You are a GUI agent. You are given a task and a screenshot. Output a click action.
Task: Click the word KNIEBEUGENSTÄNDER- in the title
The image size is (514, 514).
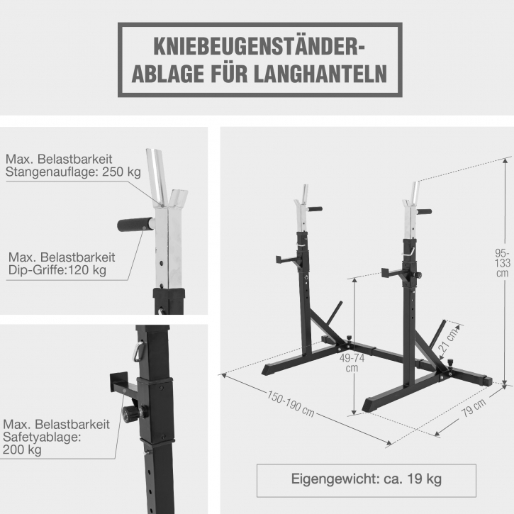pyautogui.click(x=259, y=46)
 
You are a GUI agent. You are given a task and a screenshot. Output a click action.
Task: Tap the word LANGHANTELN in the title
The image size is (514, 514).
pyautogui.click(x=320, y=74)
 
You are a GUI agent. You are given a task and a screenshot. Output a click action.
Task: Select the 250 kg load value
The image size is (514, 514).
pyautogui.click(x=122, y=172)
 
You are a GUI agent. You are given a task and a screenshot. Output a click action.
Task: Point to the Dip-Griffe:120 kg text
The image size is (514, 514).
pyautogui.click(x=57, y=270)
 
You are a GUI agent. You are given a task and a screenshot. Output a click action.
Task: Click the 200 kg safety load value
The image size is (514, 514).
pyautogui.click(x=22, y=449)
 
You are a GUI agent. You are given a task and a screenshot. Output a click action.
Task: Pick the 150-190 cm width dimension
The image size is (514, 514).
pyautogui.click(x=291, y=403)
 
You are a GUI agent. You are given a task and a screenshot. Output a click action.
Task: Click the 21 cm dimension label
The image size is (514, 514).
pyautogui.click(x=449, y=340)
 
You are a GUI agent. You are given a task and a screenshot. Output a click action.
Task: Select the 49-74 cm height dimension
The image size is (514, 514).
pyautogui.click(x=352, y=363)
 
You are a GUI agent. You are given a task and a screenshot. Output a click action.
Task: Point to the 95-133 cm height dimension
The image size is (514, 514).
pyautogui.click(x=503, y=263)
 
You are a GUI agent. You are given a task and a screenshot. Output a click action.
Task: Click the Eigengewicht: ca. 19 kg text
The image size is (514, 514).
pyautogui.click(x=366, y=479)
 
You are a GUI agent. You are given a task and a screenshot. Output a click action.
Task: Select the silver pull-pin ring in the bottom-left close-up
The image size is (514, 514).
pyautogui.click(x=138, y=351)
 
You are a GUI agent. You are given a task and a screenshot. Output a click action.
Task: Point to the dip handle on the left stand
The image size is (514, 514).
pyautogui.click(x=314, y=209)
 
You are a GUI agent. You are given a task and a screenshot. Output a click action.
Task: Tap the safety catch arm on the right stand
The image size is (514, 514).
pyautogui.click(x=393, y=272)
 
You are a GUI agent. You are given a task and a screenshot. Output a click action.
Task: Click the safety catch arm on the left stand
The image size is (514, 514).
pyautogui.click(x=287, y=259)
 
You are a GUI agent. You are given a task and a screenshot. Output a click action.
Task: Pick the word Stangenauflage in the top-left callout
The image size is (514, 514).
pyautogui.click(x=52, y=172)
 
